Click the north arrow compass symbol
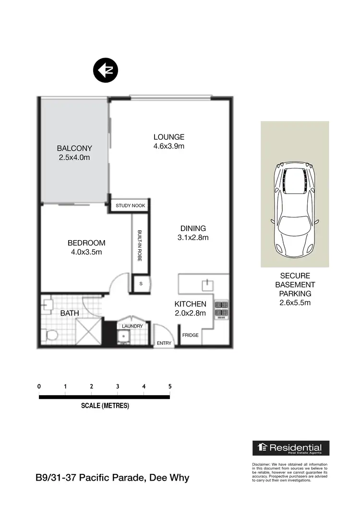(x=105, y=70)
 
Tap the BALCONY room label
(x=74, y=148)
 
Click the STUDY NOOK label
(x=130, y=206)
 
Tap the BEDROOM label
(x=86, y=243)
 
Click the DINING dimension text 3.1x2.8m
(x=193, y=237)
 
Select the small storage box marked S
(x=141, y=283)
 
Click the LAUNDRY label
(x=132, y=327)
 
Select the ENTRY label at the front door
(x=164, y=343)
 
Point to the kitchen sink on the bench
(x=207, y=285)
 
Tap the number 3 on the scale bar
(x=117, y=386)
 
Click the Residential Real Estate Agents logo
(x=291, y=448)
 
